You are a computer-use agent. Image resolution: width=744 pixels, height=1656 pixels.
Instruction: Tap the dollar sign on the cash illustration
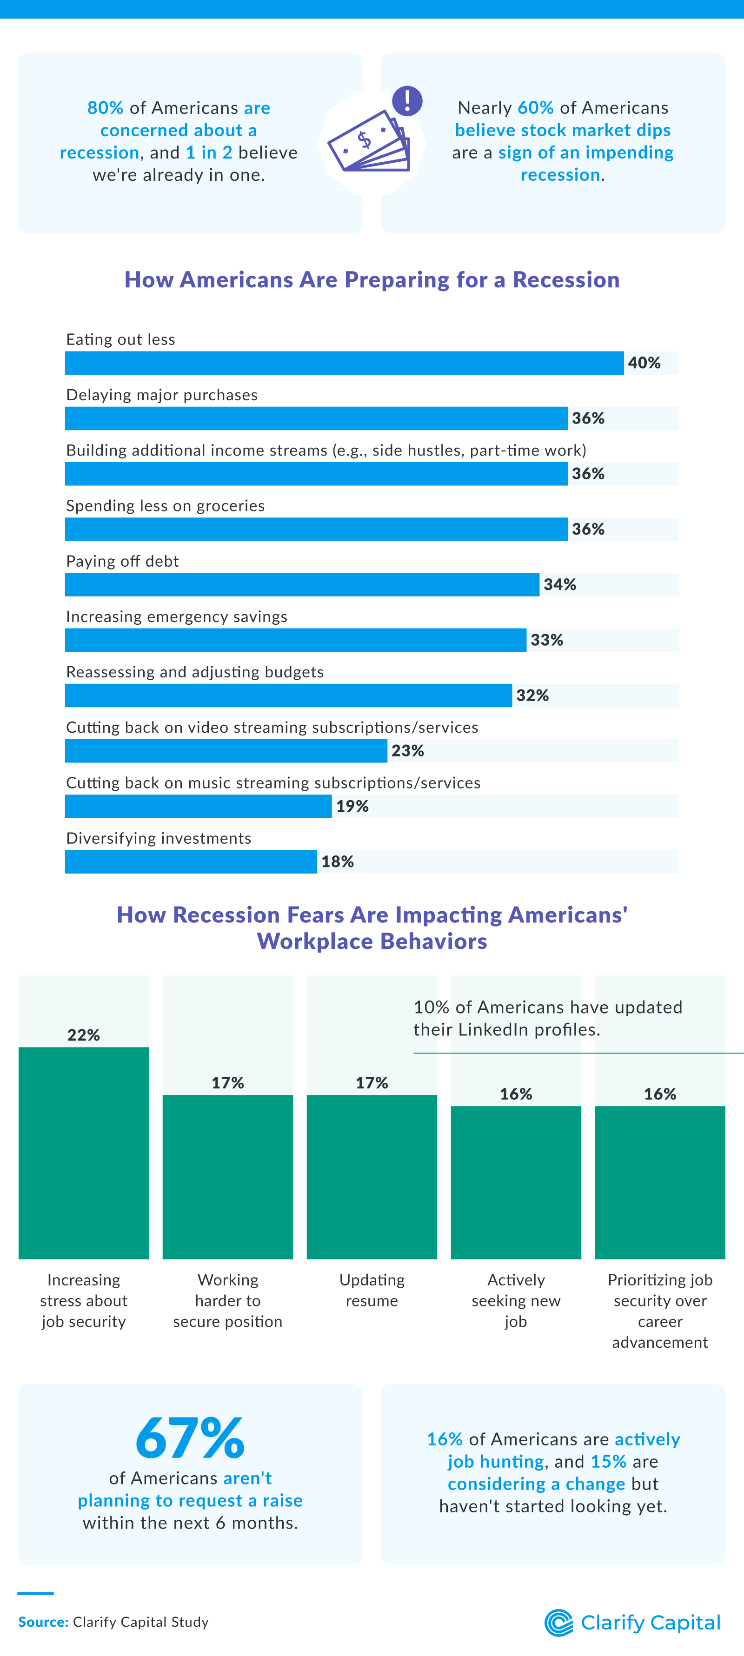point(365,139)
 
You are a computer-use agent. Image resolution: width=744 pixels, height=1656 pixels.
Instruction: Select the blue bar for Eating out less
point(344,363)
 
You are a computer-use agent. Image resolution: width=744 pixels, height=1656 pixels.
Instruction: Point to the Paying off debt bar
point(302,585)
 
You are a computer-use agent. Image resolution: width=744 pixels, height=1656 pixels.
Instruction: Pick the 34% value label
point(559,585)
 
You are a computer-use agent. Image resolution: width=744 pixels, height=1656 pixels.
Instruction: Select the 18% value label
point(338,862)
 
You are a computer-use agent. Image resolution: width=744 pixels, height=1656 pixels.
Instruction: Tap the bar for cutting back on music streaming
point(198,807)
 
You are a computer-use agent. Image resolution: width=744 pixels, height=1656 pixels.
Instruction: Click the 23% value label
point(408,751)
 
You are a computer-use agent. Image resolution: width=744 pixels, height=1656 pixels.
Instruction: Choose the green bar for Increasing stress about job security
point(84,1153)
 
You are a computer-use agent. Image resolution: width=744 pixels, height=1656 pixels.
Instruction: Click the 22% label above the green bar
point(84,1035)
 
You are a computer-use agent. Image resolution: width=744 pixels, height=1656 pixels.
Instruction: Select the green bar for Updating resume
point(372,1176)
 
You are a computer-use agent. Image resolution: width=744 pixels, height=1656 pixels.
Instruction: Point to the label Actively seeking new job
point(516,1300)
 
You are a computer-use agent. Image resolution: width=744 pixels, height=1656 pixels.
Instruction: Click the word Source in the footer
point(42,1623)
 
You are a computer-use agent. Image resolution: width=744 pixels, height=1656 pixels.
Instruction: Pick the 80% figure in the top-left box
point(106,108)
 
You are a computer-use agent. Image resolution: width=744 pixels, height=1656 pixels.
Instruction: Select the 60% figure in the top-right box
point(535,108)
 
